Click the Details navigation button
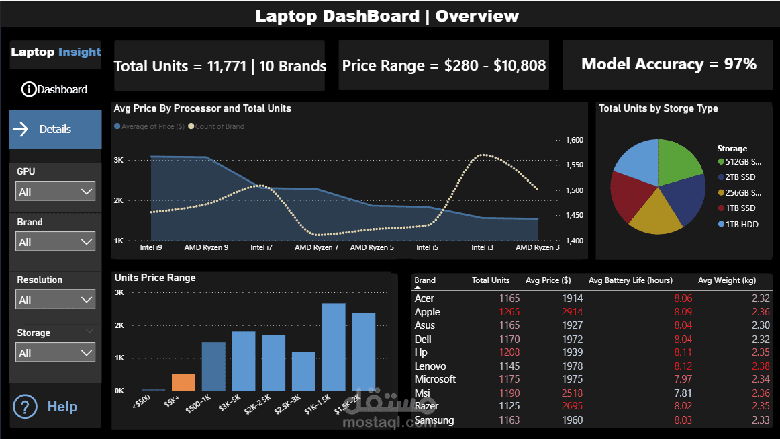coord(55,129)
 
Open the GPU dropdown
coord(56,192)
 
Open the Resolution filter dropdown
coord(56,300)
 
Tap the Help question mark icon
coord(25,407)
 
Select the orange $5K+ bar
coord(183,382)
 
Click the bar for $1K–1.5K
coord(334,347)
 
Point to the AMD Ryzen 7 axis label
coord(316,247)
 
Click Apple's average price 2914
coord(573,312)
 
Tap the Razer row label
coord(426,406)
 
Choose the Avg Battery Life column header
coord(630,280)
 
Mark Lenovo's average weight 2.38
coord(761,366)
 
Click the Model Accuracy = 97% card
coord(668,65)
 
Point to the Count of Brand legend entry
coord(219,126)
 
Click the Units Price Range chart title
coord(155,277)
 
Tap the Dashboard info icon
coord(29,89)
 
